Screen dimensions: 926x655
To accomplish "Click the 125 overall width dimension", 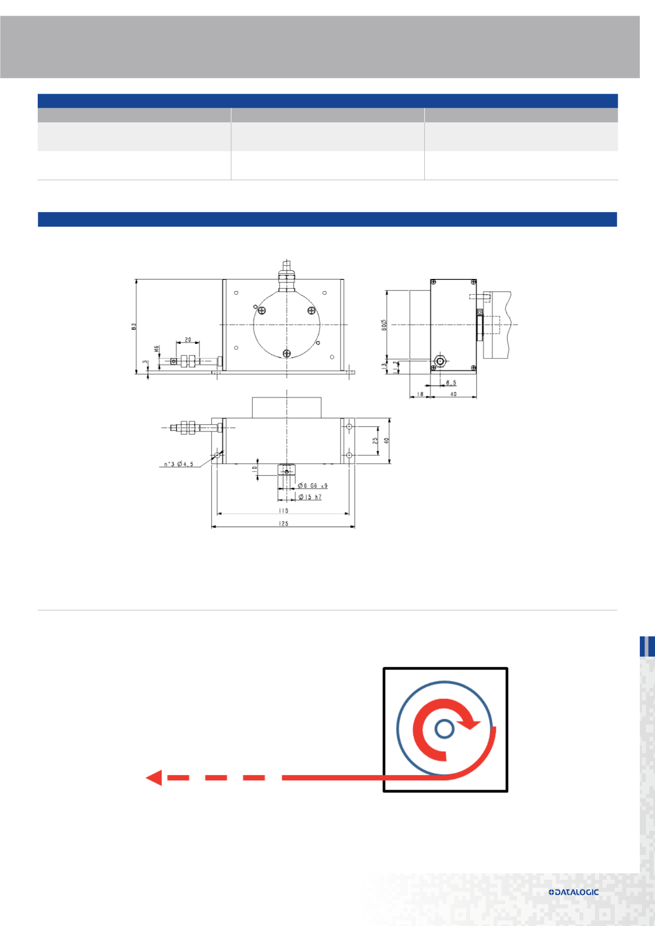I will coord(283,523).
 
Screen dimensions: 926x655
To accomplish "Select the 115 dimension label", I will coord(283,510).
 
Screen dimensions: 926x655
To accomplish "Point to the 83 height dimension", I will coord(134,326).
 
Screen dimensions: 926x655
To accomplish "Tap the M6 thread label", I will coord(157,349).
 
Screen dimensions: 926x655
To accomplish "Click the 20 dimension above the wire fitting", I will coord(188,340).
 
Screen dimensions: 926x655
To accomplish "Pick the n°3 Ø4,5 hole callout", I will coord(178,464).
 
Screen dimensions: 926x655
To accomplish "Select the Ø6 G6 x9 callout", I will coord(312,485).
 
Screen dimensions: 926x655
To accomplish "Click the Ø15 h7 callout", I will coord(310,497).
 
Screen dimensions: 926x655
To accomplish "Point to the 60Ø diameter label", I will coord(384,325).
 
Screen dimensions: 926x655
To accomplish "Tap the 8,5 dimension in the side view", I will coord(450,383).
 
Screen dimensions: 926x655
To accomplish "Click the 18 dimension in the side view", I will coord(420,394).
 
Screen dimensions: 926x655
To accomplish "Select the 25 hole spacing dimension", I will coord(375,440).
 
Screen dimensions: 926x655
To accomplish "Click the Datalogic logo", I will coord(573,892).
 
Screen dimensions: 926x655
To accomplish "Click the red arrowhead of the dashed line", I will coord(154,777).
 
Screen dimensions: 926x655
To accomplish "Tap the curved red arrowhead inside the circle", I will coord(472,724).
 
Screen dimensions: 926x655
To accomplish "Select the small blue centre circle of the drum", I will coord(444,728).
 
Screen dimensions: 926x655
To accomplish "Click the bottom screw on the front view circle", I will coord(287,353).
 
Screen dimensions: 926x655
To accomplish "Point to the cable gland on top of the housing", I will coord(286,278).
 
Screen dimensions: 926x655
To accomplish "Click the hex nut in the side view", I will coord(440,361).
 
